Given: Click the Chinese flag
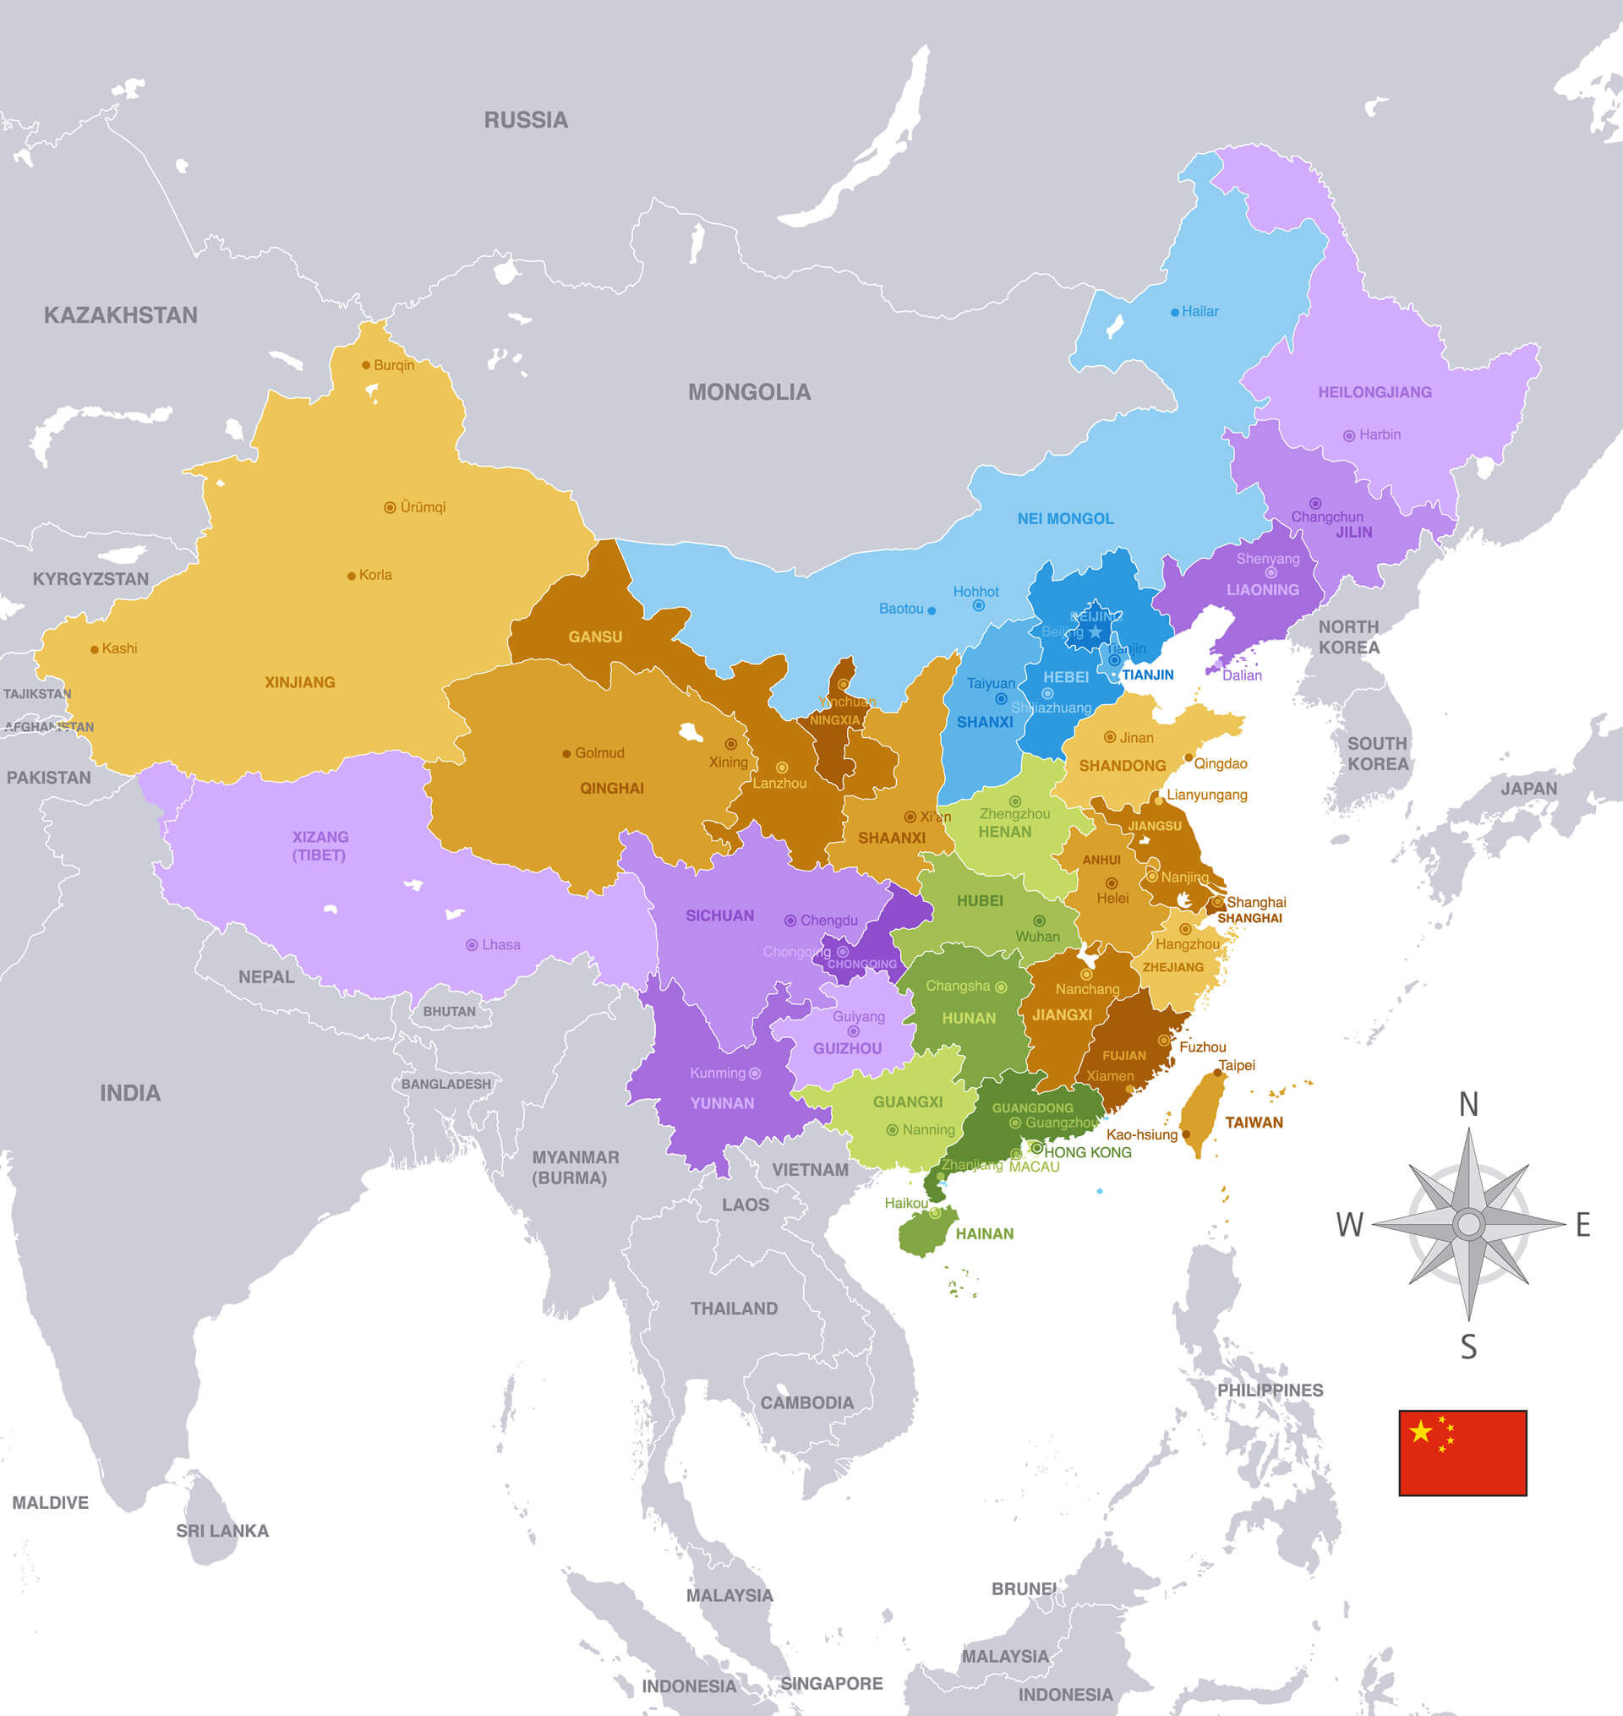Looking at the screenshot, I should pyautogui.click(x=1462, y=1452).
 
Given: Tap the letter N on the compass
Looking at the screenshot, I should pyautogui.click(x=1468, y=1105).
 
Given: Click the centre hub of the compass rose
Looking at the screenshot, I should pyautogui.click(x=1468, y=1224).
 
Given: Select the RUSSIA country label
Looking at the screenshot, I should pyautogui.click(x=525, y=120).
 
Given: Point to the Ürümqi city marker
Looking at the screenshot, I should pyautogui.click(x=391, y=508).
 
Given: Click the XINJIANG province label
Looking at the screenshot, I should pyautogui.click(x=299, y=682).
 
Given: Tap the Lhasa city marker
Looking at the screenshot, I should pyautogui.click(x=472, y=945).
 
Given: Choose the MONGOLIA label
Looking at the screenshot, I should pyautogui.click(x=749, y=393).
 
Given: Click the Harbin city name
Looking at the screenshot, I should pyautogui.click(x=1379, y=435).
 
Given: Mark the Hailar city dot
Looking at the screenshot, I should pyautogui.click(x=1175, y=312).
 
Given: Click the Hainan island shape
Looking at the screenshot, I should pyautogui.click(x=926, y=1232).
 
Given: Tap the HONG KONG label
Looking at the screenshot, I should pyautogui.click(x=1087, y=1153).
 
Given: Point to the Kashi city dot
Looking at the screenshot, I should pyautogui.click(x=95, y=649).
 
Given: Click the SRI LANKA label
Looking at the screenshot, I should pyautogui.click(x=222, y=1531).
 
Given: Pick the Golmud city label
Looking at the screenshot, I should pyautogui.click(x=598, y=753).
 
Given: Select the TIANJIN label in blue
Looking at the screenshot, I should pyautogui.click(x=1147, y=675).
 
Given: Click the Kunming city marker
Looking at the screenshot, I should pyautogui.click(x=754, y=1074).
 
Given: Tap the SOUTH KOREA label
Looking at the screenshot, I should pyautogui.click(x=1377, y=753).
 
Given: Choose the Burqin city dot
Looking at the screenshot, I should pyautogui.click(x=366, y=365).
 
